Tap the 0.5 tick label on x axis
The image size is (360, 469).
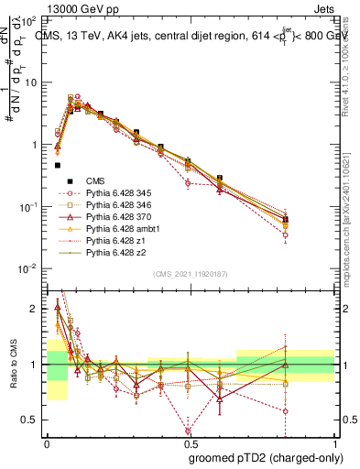[x=191, y=442]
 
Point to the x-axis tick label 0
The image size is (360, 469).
[x=47, y=442]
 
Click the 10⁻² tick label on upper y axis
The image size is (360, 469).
[x=28, y=268]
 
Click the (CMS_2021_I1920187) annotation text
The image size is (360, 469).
[x=191, y=274]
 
